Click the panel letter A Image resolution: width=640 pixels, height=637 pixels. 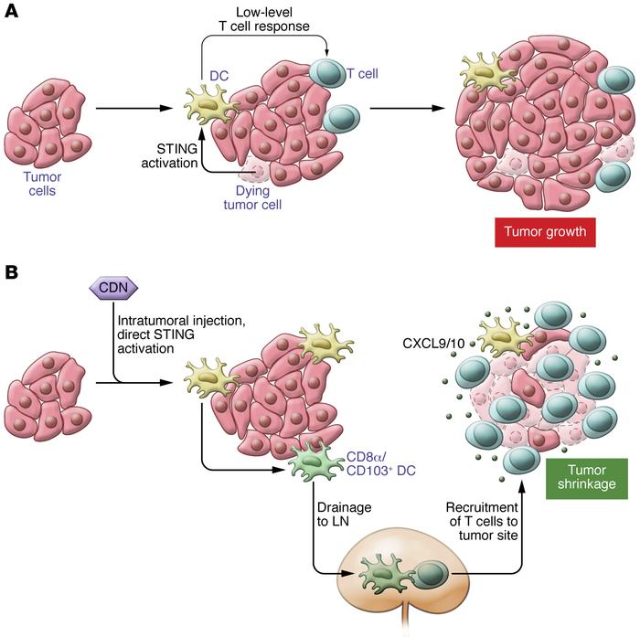pos(13,16)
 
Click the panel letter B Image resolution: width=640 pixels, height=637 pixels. pos(13,273)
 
